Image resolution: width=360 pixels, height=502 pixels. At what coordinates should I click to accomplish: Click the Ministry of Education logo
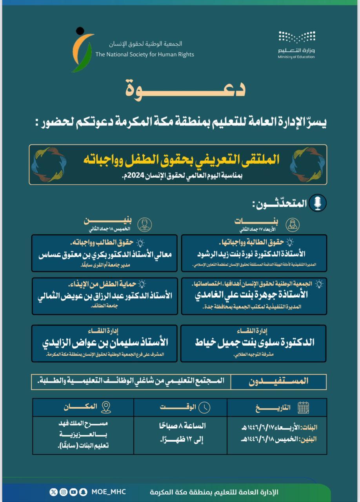[x=296, y=44]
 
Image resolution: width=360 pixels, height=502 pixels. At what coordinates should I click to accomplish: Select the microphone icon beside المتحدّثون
[x=318, y=203]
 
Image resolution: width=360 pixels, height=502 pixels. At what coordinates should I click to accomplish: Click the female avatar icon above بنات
[x=293, y=224]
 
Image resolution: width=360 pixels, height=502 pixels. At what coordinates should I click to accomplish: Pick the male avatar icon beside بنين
[x=145, y=224]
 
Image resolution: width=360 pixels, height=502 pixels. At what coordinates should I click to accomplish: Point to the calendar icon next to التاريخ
[x=303, y=407]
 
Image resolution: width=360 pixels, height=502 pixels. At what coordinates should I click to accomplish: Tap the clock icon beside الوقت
[x=204, y=407]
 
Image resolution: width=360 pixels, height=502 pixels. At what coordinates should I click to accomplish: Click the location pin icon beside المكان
[x=106, y=407]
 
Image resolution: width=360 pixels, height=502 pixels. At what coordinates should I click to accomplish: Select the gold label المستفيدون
[x=278, y=381]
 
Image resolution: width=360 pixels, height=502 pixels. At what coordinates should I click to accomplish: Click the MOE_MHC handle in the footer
[x=109, y=492]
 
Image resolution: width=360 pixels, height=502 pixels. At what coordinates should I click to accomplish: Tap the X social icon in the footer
[x=54, y=492]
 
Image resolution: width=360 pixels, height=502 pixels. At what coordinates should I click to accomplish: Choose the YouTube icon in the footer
[x=73, y=492]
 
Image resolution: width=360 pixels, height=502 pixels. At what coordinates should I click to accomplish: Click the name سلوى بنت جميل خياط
[x=255, y=342]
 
